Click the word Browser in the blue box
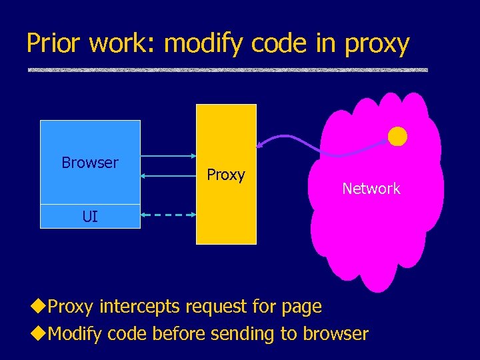point(89,163)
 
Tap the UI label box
point(90,216)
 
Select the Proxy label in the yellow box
point(226,175)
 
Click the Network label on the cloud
point(371,189)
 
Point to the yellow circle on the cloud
point(397,136)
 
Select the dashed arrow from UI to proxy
point(168,215)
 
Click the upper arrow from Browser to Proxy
point(168,156)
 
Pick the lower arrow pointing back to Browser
point(168,177)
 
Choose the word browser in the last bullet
point(335,333)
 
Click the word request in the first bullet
point(217,307)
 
